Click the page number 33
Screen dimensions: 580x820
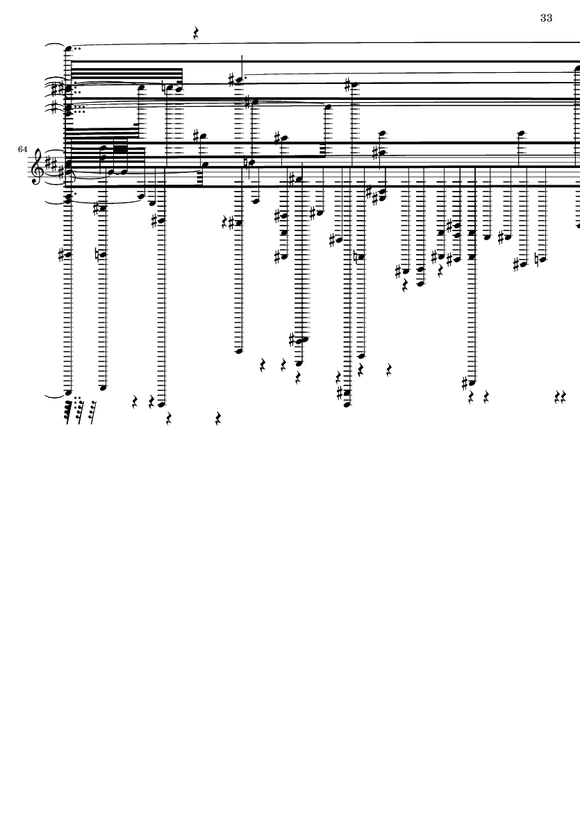pos(546,18)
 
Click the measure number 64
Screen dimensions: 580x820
pos(22,149)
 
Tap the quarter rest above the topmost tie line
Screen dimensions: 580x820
pos(196,35)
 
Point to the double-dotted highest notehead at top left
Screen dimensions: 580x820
pos(68,49)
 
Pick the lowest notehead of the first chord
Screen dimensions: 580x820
pos(67,392)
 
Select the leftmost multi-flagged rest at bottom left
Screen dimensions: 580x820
pos(69,412)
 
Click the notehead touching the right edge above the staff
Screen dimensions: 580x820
pos(577,68)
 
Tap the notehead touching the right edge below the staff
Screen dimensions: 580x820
pos(578,226)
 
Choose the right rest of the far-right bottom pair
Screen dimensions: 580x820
pos(564,398)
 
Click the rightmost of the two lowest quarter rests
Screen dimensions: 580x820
pos(218,419)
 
